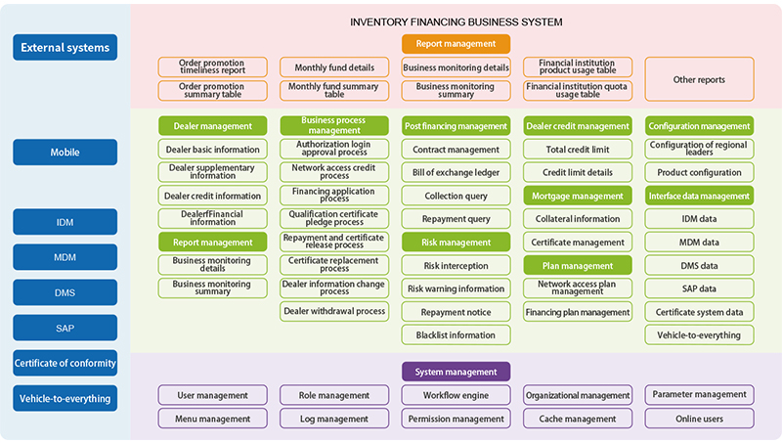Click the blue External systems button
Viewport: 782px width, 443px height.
[x=65, y=47]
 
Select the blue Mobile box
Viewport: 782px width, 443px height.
[x=65, y=153]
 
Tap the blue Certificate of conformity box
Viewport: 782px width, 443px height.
[x=65, y=364]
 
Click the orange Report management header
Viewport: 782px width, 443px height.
[x=456, y=44]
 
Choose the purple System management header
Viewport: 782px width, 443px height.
[x=456, y=372]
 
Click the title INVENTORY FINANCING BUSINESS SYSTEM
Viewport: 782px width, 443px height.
[x=456, y=22]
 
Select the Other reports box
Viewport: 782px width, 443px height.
[x=699, y=79]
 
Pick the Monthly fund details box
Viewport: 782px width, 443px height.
[x=334, y=67]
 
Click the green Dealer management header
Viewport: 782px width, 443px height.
[x=212, y=126]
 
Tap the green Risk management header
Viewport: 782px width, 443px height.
[x=456, y=243]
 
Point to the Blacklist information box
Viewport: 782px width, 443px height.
[x=456, y=334]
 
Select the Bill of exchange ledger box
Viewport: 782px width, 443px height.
[x=456, y=173]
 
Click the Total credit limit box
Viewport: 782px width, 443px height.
[x=578, y=150]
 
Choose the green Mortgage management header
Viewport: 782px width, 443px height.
[x=578, y=196]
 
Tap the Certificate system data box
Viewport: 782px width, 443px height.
[x=699, y=312]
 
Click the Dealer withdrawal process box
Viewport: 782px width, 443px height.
[x=334, y=311]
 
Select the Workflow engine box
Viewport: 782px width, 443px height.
[x=456, y=395]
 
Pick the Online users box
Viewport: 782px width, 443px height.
[x=699, y=419]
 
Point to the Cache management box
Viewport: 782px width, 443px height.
[x=578, y=419]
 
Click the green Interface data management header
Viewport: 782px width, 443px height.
[x=699, y=196]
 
